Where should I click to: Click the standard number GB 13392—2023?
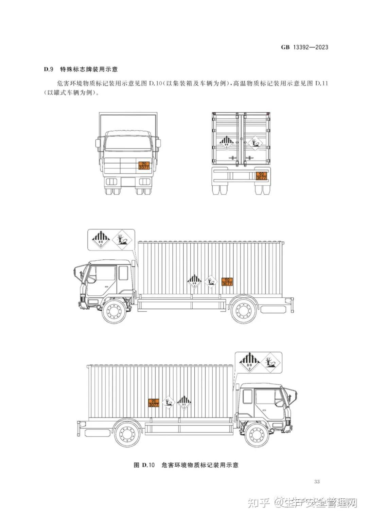click(304, 47)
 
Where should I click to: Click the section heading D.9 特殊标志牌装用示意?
click(81, 69)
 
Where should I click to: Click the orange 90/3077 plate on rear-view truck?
click(261, 175)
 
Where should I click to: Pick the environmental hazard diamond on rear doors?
click(255, 144)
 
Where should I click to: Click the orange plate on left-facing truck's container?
click(227, 281)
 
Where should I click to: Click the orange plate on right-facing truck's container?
click(154, 403)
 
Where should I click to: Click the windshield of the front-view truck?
click(128, 143)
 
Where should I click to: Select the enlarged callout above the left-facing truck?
click(111, 240)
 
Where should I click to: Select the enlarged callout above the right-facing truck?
click(259, 362)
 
